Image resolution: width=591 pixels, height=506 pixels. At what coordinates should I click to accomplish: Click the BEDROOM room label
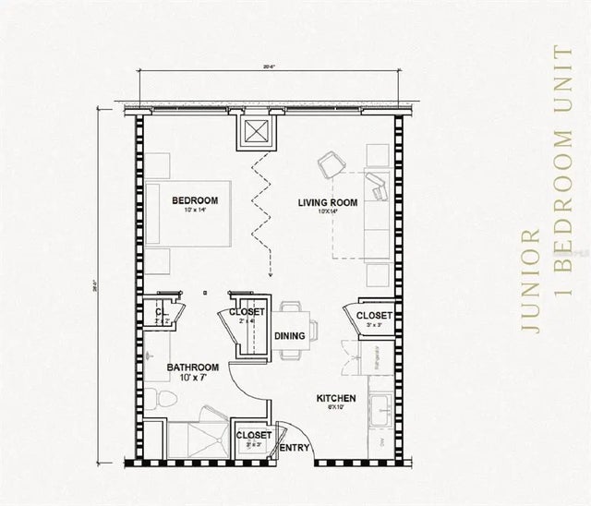(x=195, y=200)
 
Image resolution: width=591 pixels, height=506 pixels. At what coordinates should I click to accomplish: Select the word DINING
(x=290, y=336)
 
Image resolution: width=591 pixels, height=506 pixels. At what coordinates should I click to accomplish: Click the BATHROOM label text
(x=192, y=367)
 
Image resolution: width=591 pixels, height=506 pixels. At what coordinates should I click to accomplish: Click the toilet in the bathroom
(x=165, y=398)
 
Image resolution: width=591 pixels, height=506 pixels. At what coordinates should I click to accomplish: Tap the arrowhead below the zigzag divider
(x=269, y=273)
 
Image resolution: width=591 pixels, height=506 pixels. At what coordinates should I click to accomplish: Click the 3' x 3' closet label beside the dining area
(x=374, y=317)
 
